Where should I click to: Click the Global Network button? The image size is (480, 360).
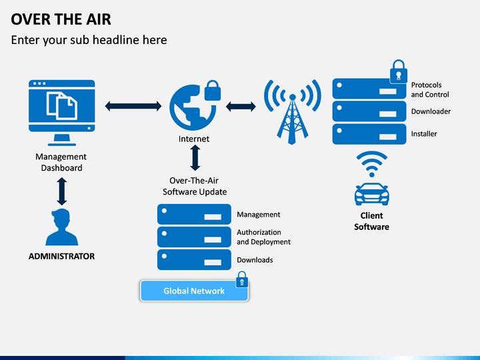pos(194,291)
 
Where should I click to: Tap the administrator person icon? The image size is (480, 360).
pos(62,227)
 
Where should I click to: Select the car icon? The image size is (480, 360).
pos(371,194)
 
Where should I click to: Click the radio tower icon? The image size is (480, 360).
pos(293,112)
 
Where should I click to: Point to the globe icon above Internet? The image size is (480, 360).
pos(193,108)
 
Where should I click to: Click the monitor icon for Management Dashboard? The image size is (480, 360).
pos(62,113)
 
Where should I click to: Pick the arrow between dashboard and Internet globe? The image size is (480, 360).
pos(133,106)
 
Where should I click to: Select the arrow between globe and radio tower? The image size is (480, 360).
pos(241,107)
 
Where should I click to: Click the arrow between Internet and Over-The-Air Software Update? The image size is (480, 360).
pos(195,157)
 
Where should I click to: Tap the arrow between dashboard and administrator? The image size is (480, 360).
pos(62,191)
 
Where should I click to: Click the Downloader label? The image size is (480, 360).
pos(431,111)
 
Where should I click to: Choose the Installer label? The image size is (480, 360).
pos(424,134)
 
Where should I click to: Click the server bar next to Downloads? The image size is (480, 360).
pos(194,259)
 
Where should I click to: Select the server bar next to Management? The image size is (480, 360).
pos(194,214)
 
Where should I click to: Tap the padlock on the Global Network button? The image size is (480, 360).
pos(242,279)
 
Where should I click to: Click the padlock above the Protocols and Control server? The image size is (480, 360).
pos(398,71)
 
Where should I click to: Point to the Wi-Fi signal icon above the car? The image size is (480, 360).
pos(371,164)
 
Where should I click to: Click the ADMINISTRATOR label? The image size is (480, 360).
pos(61,256)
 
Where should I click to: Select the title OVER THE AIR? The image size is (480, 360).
pos(61,19)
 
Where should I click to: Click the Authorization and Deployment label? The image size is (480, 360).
pos(263,237)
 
